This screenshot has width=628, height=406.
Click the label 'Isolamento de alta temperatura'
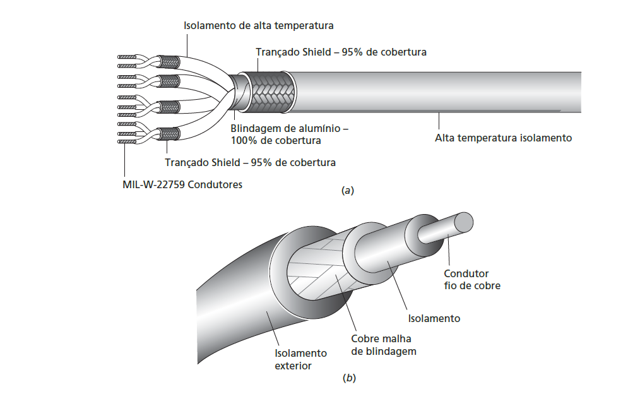point(258,26)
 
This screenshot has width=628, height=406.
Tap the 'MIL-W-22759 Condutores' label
point(182,185)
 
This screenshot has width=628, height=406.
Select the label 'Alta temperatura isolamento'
point(503,138)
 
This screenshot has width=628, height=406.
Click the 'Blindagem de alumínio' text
point(289,128)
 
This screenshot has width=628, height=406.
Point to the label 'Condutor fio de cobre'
point(471,279)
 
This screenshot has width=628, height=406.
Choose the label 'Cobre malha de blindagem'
point(384,345)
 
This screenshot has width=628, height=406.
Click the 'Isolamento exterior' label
point(300,359)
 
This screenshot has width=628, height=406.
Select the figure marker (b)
point(349,379)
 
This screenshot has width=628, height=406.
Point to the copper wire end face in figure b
point(463,221)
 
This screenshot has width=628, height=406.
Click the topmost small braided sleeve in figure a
point(169,62)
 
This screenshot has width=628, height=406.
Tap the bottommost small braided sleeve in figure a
point(169,134)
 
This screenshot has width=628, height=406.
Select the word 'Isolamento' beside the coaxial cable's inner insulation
point(434,318)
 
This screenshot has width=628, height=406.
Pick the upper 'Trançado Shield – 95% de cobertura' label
point(341,52)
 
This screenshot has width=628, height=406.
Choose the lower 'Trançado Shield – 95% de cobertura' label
point(250,162)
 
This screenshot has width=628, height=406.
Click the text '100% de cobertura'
point(275,140)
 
